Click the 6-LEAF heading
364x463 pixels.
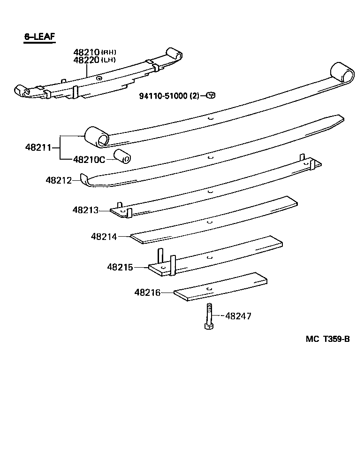40,36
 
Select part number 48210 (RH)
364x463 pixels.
94,52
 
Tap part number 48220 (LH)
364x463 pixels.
94,60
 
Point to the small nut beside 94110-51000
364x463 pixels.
211,95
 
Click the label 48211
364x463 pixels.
38,147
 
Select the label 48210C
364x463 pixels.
89,159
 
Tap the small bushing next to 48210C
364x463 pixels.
123,157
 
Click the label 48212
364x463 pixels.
59,180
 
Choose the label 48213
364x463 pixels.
85,210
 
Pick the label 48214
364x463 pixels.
104,237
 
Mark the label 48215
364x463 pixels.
120,267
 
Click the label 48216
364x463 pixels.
147,293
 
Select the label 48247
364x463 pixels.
238,316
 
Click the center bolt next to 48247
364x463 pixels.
208,316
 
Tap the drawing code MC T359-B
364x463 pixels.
328,340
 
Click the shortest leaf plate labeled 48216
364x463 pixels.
220,286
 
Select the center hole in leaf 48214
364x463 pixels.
210,221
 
